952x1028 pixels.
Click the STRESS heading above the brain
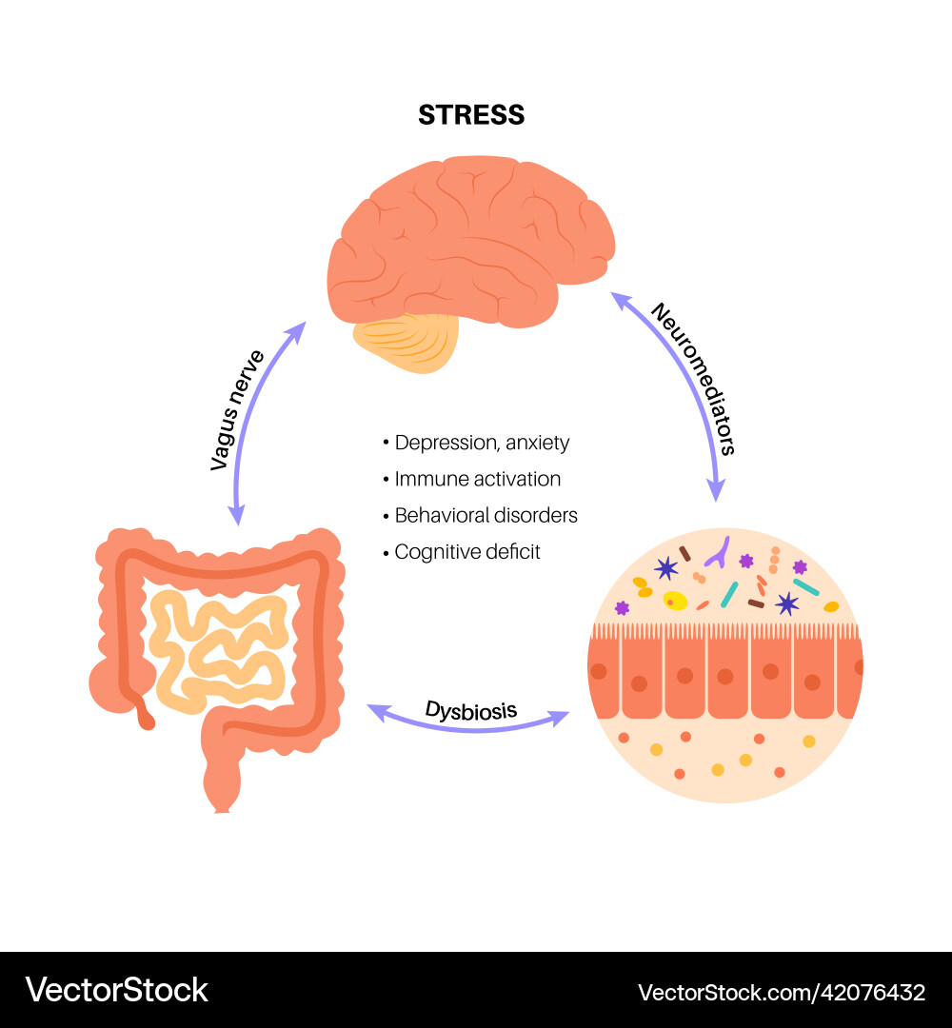(471, 115)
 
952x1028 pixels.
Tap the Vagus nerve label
(237, 410)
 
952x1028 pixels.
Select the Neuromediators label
(693, 379)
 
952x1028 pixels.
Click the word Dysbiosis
(471, 709)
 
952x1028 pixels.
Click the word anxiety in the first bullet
(538, 443)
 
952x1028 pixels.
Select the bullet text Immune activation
(477, 479)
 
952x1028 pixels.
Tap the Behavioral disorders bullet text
(486, 515)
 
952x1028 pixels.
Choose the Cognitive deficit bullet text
(466, 551)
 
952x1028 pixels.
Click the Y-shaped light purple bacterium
(722, 550)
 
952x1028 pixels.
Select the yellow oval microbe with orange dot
(675, 601)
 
